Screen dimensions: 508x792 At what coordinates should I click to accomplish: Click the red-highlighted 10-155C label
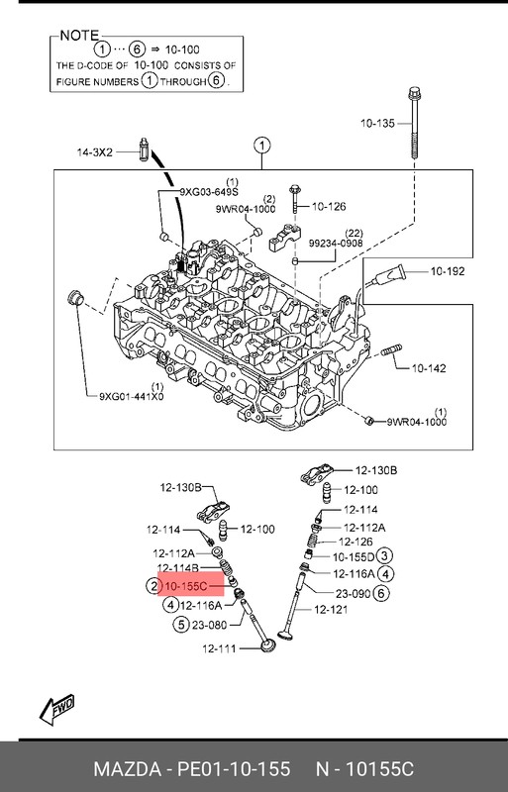pos(186,586)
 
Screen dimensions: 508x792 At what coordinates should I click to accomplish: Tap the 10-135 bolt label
pos(377,123)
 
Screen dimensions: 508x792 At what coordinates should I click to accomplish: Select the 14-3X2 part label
pos(94,152)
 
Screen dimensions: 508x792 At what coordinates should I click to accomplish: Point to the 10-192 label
pos(448,271)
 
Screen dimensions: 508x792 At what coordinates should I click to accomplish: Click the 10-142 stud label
pos(429,368)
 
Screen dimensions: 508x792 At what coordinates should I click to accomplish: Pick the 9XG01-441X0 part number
pos(132,397)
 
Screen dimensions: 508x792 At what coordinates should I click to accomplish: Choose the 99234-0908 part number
pos(336,243)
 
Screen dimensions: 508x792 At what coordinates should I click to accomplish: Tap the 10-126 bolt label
pos(329,206)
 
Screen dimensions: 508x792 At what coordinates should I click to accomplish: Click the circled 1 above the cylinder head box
pos(261,146)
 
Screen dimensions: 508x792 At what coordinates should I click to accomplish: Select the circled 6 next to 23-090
pos(381,593)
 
